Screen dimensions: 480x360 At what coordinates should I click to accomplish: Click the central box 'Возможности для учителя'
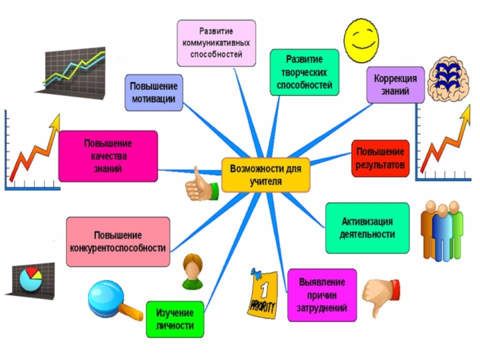266,175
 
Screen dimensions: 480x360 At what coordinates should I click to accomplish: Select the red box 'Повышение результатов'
380,158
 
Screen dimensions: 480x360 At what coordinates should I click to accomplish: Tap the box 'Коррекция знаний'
395,85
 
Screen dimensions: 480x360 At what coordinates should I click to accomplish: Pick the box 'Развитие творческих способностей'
304,72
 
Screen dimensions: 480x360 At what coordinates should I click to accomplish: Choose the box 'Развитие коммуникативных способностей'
217,43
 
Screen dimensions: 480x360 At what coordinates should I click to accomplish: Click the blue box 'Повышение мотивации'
154,92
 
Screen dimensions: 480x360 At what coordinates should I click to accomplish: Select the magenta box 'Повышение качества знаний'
108,156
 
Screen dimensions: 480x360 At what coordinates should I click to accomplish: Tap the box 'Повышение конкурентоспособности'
118,242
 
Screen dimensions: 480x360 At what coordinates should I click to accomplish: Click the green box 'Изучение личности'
175,319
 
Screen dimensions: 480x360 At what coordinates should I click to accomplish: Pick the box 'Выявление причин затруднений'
322,295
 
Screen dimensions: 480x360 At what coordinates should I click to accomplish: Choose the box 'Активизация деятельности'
367,228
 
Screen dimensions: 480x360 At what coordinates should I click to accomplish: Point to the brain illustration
448,79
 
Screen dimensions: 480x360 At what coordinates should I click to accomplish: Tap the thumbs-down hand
381,296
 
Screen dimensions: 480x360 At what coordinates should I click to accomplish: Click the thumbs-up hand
202,185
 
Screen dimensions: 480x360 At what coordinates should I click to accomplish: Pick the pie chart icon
31,278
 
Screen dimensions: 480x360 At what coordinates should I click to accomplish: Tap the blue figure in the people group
442,232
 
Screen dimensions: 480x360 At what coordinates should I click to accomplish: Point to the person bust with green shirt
193,272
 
